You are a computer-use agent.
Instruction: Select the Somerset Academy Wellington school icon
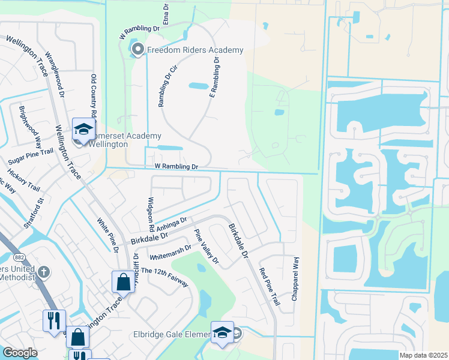tap(83, 128)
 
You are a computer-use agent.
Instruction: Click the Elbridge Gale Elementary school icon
tap(221, 332)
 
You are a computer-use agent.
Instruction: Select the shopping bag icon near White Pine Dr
tap(122, 281)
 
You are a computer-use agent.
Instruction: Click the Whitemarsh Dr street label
tap(170, 251)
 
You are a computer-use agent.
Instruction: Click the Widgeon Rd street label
tap(151, 214)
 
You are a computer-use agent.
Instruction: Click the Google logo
tap(20, 353)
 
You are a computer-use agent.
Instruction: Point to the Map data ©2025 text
tap(423, 355)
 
